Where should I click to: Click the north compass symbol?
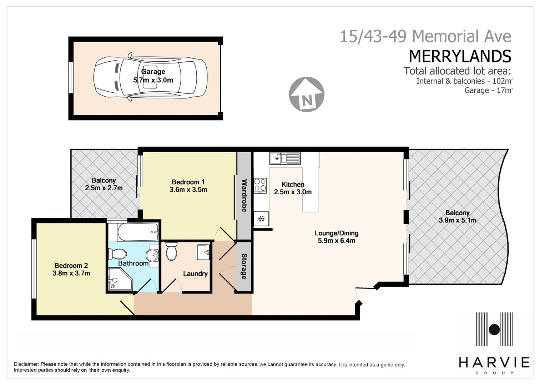click(307, 94)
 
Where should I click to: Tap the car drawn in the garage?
click(150, 77)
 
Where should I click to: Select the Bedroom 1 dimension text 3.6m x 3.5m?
click(188, 190)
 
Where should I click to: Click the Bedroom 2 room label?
click(71, 266)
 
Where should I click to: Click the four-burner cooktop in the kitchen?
click(260, 185)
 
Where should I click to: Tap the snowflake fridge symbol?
click(261, 219)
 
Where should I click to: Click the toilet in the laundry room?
click(171, 252)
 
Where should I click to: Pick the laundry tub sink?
click(203, 252)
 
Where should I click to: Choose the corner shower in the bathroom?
click(119, 280)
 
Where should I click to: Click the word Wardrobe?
click(244, 195)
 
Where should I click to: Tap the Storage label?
click(244, 266)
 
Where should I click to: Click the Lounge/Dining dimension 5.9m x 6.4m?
click(336, 241)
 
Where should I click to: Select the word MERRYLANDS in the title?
click(460, 56)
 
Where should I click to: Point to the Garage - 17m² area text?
click(488, 90)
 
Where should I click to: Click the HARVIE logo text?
click(494, 363)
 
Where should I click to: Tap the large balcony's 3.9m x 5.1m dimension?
click(457, 220)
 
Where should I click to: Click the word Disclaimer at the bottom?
click(26, 364)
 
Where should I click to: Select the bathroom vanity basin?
click(153, 254)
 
